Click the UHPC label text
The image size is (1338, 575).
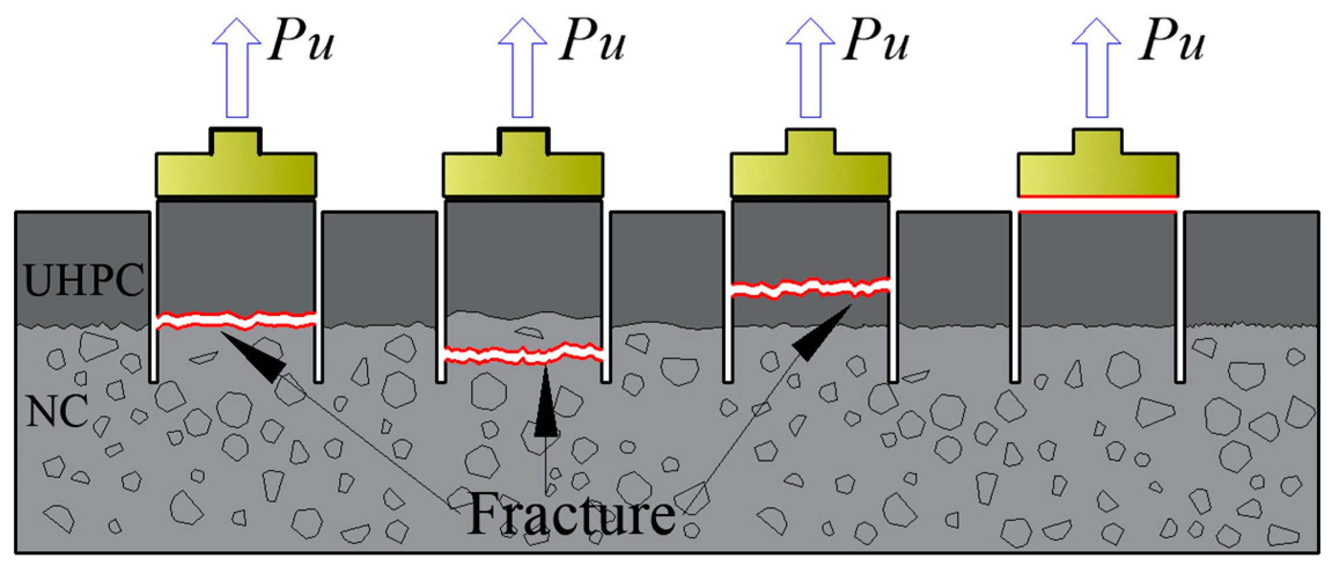click(84, 281)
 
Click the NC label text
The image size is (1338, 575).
click(57, 411)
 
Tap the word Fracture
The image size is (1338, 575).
click(571, 514)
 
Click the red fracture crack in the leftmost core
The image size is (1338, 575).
click(236, 320)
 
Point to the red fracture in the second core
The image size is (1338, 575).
click(523, 354)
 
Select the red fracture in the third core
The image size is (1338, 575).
click(810, 287)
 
